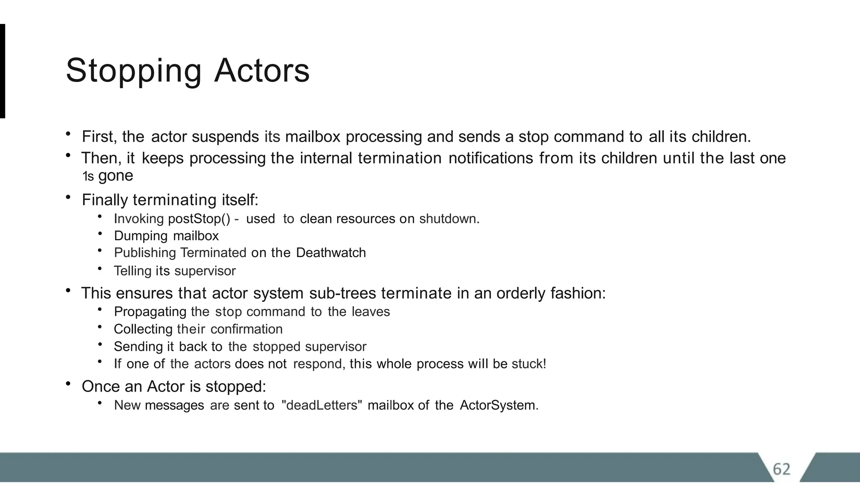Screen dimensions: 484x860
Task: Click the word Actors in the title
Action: (262, 71)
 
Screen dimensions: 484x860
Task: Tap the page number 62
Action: (781, 469)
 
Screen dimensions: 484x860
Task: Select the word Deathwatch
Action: (331, 253)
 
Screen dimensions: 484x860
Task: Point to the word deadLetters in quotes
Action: (322, 405)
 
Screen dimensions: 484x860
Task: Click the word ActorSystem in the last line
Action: (498, 405)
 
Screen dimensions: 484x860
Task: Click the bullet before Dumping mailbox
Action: (100, 234)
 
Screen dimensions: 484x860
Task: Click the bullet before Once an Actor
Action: (68, 384)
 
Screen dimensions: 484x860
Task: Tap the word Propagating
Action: (150, 312)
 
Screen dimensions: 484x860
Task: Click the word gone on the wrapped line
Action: (115, 176)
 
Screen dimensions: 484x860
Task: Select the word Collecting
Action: (143, 329)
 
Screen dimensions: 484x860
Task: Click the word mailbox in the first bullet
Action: (313, 137)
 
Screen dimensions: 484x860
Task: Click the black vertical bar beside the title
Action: (2, 71)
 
